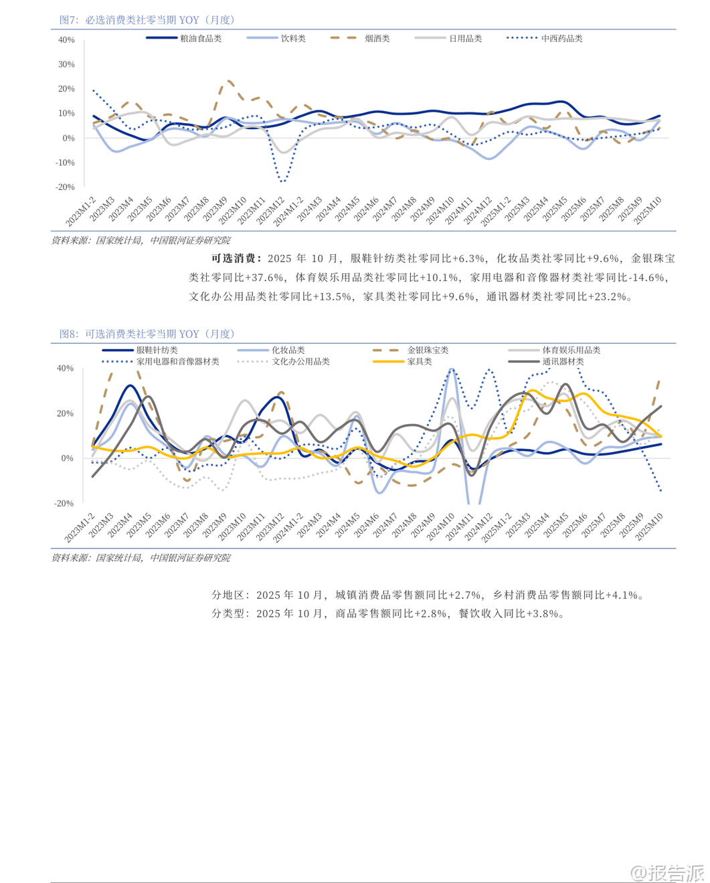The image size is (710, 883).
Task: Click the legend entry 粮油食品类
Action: coord(201,39)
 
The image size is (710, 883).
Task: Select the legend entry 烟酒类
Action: coord(377,39)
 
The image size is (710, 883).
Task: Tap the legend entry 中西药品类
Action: coord(561,39)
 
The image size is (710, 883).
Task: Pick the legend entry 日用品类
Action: coord(465,39)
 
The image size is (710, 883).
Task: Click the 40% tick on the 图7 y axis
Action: coord(66,40)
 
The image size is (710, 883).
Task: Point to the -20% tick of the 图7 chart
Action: coord(65,187)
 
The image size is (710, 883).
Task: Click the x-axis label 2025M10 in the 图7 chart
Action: coord(648,210)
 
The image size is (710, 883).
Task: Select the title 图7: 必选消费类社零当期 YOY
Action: coord(147,20)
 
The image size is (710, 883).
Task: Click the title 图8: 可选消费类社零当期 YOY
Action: coord(147,334)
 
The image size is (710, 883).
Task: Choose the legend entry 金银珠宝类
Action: coord(428,351)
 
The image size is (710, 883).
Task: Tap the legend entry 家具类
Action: coord(420,362)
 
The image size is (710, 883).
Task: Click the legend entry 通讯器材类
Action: coord(563,362)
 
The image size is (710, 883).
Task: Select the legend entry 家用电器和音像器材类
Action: coord(177,362)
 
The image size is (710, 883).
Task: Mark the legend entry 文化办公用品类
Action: coord(300,362)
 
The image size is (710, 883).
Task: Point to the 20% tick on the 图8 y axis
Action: coord(65,414)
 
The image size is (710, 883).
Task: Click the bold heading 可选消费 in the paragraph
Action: coord(233,258)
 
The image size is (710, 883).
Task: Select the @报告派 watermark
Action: coord(668,872)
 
